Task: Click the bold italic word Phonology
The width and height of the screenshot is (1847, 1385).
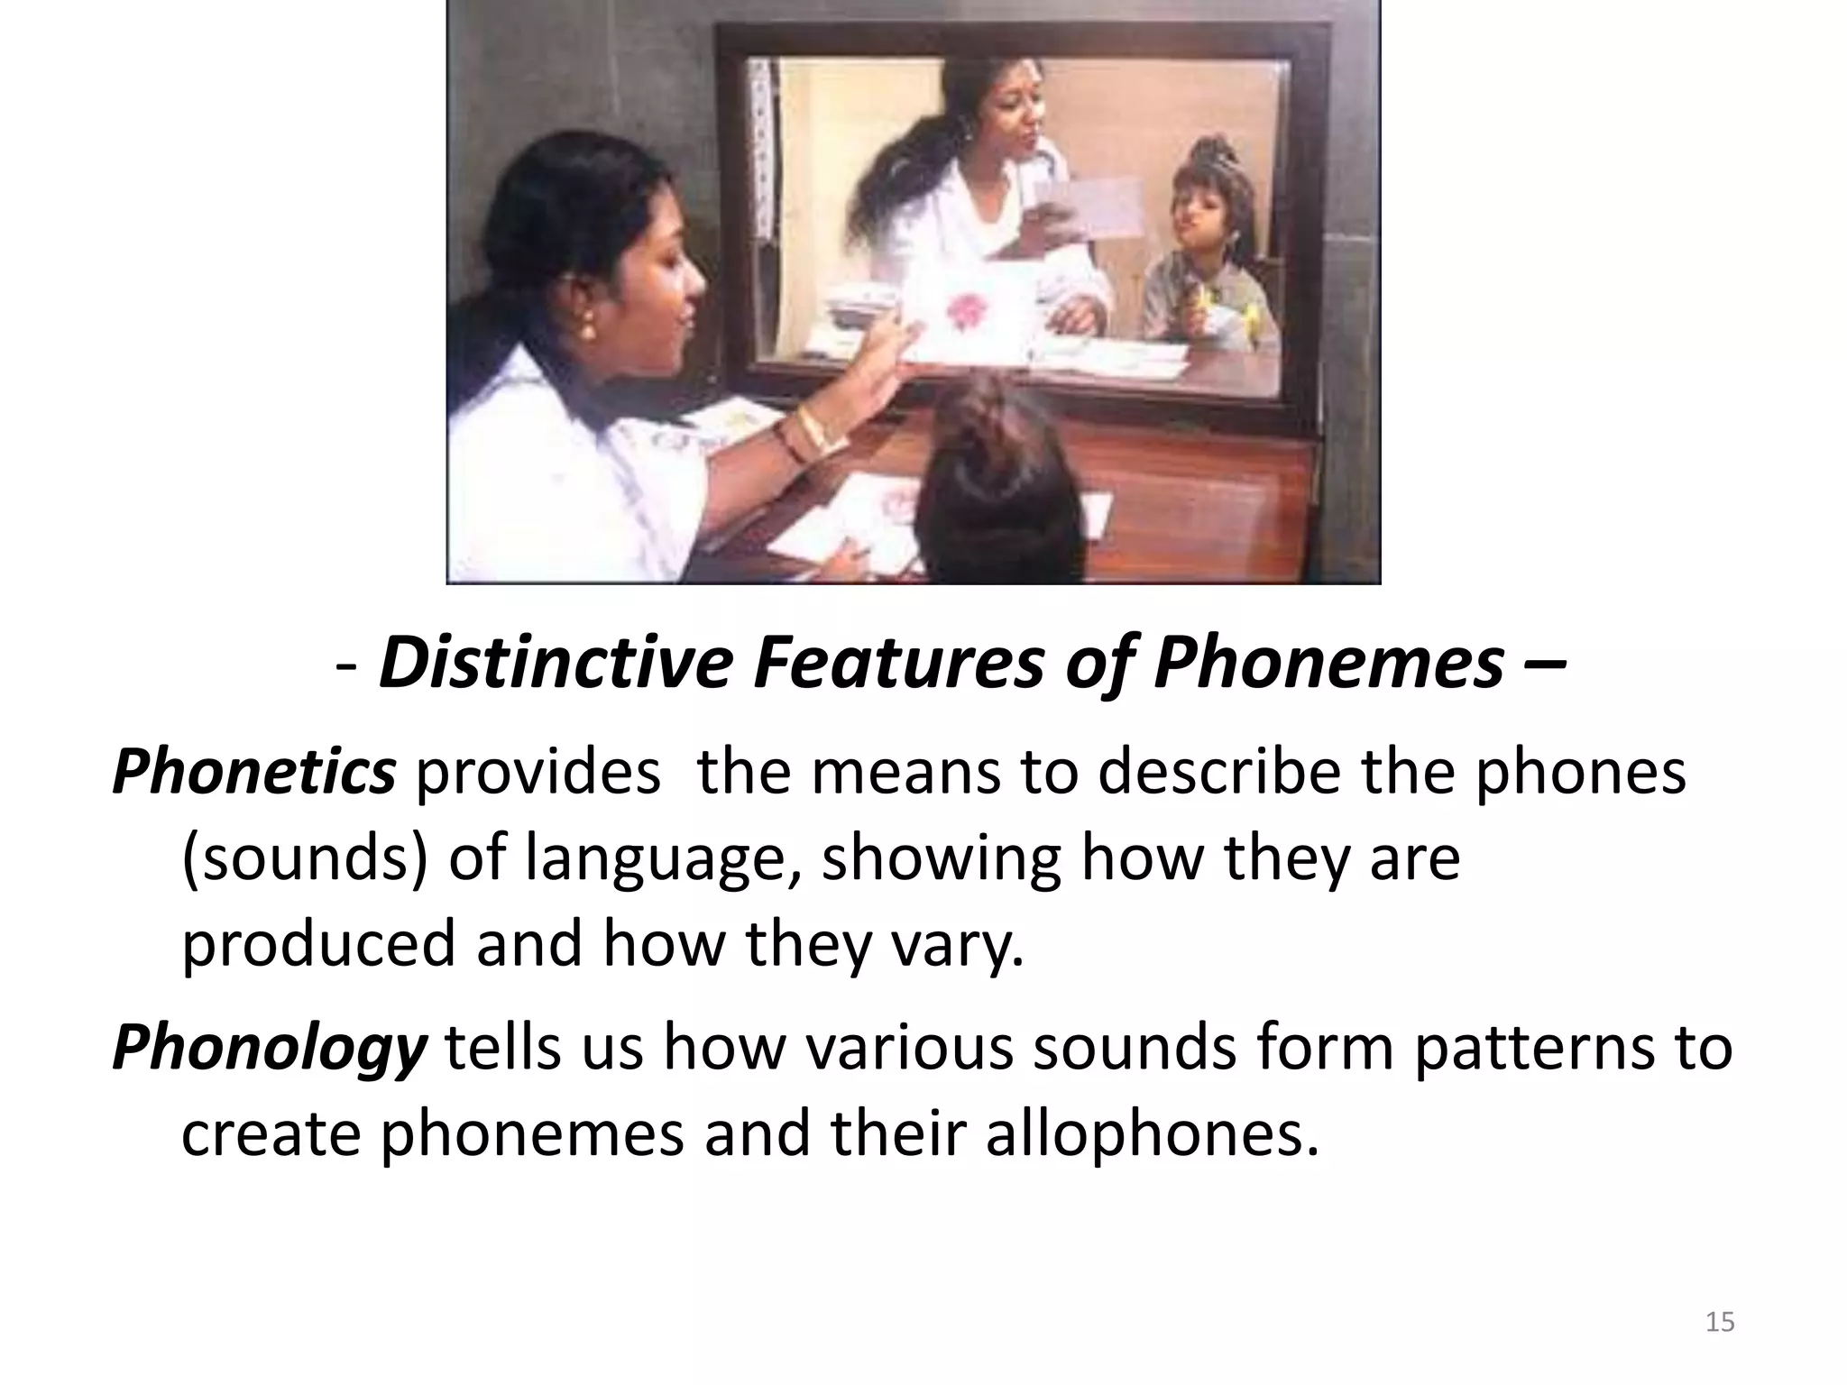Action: coord(268,1048)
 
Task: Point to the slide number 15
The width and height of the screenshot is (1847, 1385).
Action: coord(1720,1322)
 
